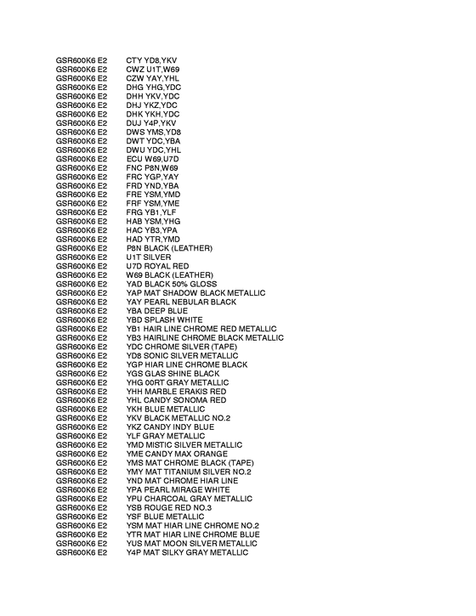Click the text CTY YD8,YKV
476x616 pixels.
(x=151, y=59)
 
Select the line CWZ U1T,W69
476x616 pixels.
(x=153, y=68)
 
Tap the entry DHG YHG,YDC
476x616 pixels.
(x=154, y=87)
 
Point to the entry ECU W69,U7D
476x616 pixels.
(x=153, y=158)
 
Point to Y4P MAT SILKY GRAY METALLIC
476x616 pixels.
(x=187, y=552)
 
